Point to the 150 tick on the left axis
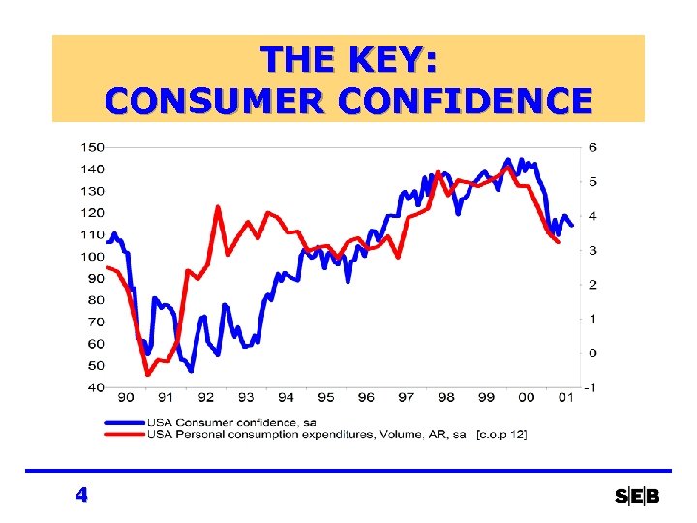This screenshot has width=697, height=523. (x=92, y=147)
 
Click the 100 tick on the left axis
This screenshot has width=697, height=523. (x=92, y=257)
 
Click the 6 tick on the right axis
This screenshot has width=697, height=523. (x=591, y=147)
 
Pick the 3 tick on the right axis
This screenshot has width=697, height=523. (x=591, y=250)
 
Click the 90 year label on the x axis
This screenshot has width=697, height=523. (x=126, y=398)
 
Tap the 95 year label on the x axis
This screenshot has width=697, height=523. (x=325, y=398)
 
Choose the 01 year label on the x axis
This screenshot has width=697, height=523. (x=565, y=398)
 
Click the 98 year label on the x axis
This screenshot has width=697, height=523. (x=445, y=398)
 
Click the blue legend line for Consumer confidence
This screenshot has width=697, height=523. (x=123, y=422)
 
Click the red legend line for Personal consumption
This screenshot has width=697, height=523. (x=123, y=434)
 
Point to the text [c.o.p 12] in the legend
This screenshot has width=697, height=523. (x=501, y=434)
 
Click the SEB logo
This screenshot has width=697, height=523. (x=637, y=496)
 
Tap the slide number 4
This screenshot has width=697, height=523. (x=81, y=495)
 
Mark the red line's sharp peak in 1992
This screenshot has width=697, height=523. (x=218, y=206)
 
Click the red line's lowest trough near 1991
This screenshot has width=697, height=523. (x=148, y=374)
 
